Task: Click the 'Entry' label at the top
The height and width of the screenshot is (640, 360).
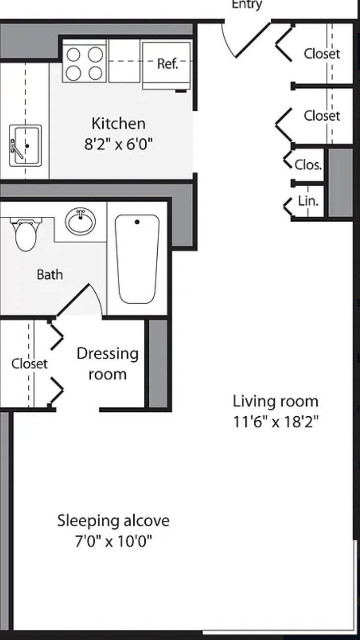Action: point(247,5)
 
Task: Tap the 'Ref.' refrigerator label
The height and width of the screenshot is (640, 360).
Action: point(168,64)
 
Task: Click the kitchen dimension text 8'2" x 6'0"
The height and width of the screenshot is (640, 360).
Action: point(119,144)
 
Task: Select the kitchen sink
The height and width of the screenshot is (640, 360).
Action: point(25,145)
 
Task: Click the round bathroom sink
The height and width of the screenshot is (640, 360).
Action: point(80,221)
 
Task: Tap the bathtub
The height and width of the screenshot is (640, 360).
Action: point(137,259)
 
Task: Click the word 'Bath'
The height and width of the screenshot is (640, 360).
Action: point(50,274)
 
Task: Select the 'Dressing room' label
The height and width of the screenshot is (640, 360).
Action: point(108,364)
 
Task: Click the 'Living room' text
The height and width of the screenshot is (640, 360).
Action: point(276,401)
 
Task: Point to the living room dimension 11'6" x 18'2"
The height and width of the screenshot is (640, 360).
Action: point(276,421)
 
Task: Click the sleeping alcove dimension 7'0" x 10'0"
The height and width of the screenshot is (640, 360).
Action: point(114,541)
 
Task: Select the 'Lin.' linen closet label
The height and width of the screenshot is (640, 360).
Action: point(308,201)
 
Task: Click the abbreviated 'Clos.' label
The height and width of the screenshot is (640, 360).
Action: point(308,165)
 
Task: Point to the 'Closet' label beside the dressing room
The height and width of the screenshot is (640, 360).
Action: point(29,364)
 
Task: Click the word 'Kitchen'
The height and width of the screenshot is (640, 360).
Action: point(119,124)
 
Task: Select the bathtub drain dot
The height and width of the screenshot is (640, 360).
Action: point(137,222)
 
